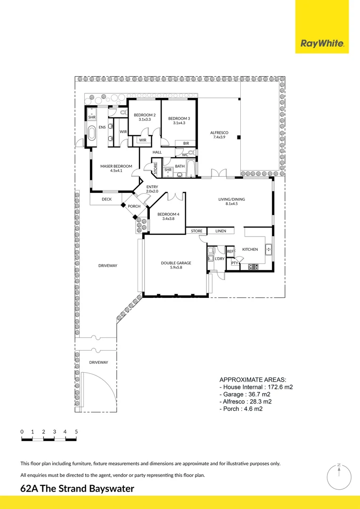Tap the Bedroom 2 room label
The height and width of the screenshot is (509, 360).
pos(144,117)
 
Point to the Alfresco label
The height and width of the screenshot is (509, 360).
pos(219,135)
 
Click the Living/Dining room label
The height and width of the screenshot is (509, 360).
pos(231,202)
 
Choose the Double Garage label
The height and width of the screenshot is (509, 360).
pos(176,265)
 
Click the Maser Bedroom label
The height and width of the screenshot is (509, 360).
pos(116,168)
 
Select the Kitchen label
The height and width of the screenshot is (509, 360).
pos(250,249)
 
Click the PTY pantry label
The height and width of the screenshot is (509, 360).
pos(234,263)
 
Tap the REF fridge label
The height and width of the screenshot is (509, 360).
pos(230,252)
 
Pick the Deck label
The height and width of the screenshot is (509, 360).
pos(106,199)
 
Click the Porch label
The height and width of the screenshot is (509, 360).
pos(134,206)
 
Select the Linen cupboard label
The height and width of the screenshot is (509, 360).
pos(221,231)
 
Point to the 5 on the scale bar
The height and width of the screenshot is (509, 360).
pos(76,432)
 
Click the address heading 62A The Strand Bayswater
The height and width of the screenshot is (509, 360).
pos(77,489)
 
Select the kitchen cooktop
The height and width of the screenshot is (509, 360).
pos(254,267)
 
